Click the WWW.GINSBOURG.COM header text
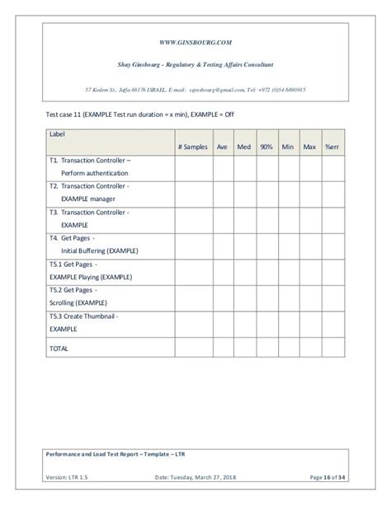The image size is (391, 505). pyautogui.click(x=195, y=40)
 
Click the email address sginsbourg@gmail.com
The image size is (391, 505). pyautogui.click(x=223, y=90)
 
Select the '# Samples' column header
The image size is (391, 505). pyautogui.click(x=193, y=146)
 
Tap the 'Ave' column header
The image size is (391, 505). pyautogui.click(x=222, y=146)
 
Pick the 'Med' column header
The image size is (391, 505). pyautogui.click(x=244, y=146)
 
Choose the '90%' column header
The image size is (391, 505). pyautogui.click(x=266, y=146)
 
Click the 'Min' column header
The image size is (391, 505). pyautogui.click(x=288, y=146)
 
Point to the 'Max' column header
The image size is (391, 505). pyautogui.click(x=309, y=146)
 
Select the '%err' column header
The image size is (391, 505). pyautogui.click(x=332, y=146)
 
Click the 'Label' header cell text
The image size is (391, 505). pyautogui.click(x=57, y=133)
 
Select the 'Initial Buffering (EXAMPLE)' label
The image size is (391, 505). pyautogui.click(x=99, y=250)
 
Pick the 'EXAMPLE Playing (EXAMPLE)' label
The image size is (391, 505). pyautogui.click(x=91, y=276)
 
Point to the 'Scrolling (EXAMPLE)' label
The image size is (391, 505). pyautogui.click(x=81, y=302)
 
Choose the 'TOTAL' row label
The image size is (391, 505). pyautogui.click(x=59, y=348)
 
